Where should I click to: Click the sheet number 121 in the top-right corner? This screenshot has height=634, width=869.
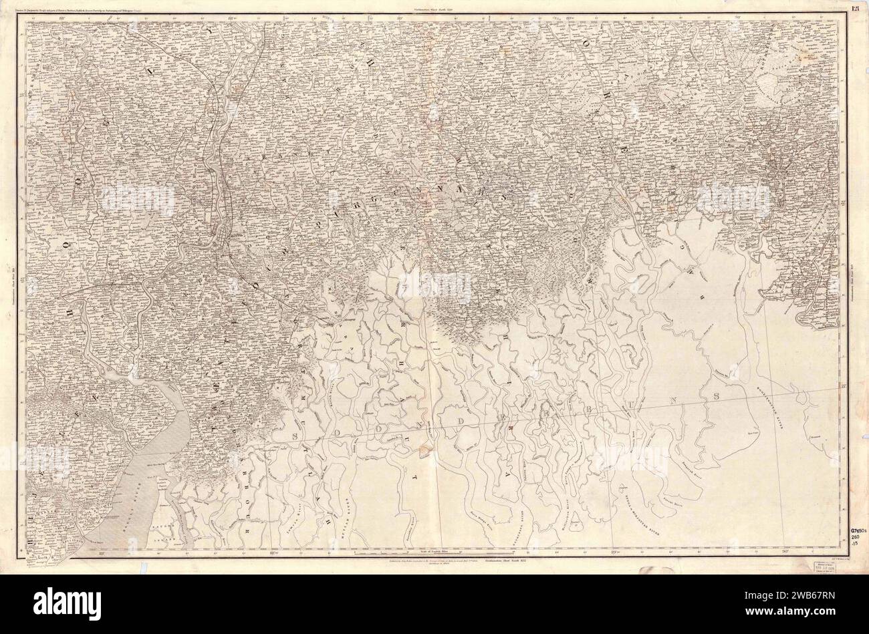(x=855, y=8)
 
